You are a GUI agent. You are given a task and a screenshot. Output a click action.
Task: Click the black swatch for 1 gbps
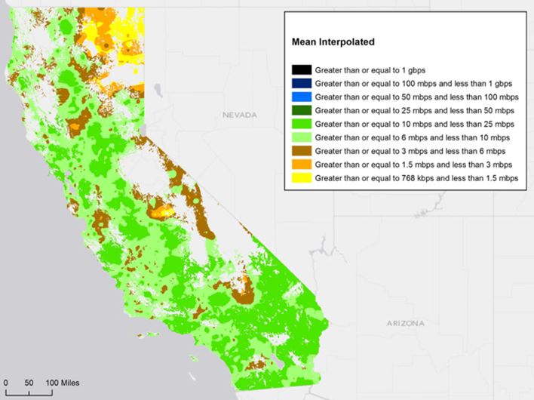point(302,70)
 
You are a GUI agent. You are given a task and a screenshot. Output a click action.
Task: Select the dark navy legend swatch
point(302,84)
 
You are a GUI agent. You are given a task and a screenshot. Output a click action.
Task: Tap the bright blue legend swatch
point(302,97)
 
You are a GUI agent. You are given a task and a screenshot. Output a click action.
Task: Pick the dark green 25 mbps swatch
point(302,111)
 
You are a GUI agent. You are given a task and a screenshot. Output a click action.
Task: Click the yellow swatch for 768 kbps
point(302,178)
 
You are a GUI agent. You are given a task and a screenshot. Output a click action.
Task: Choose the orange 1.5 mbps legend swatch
point(302,165)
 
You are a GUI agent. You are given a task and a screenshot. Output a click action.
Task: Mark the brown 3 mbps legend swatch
point(302,151)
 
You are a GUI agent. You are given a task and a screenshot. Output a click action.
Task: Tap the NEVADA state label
point(240,115)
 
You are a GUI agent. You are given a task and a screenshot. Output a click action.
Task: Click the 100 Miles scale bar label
point(63,383)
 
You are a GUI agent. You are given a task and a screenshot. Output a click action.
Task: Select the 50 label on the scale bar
point(29,383)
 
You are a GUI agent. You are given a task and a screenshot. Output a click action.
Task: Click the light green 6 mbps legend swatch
point(302,137)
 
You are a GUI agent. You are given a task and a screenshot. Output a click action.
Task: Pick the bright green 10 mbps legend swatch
point(302,125)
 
